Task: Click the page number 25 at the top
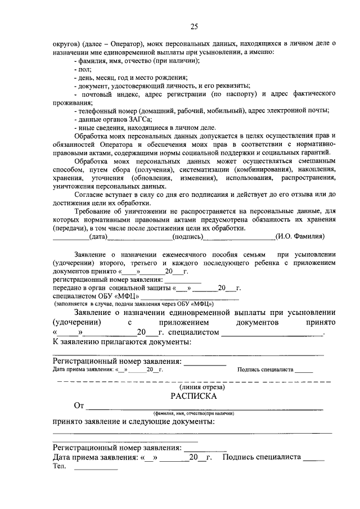(194, 26)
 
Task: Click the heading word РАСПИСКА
(194, 395)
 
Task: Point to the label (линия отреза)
(194, 388)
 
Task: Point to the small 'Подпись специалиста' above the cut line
(265, 370)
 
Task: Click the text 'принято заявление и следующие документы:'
(133, 422)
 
